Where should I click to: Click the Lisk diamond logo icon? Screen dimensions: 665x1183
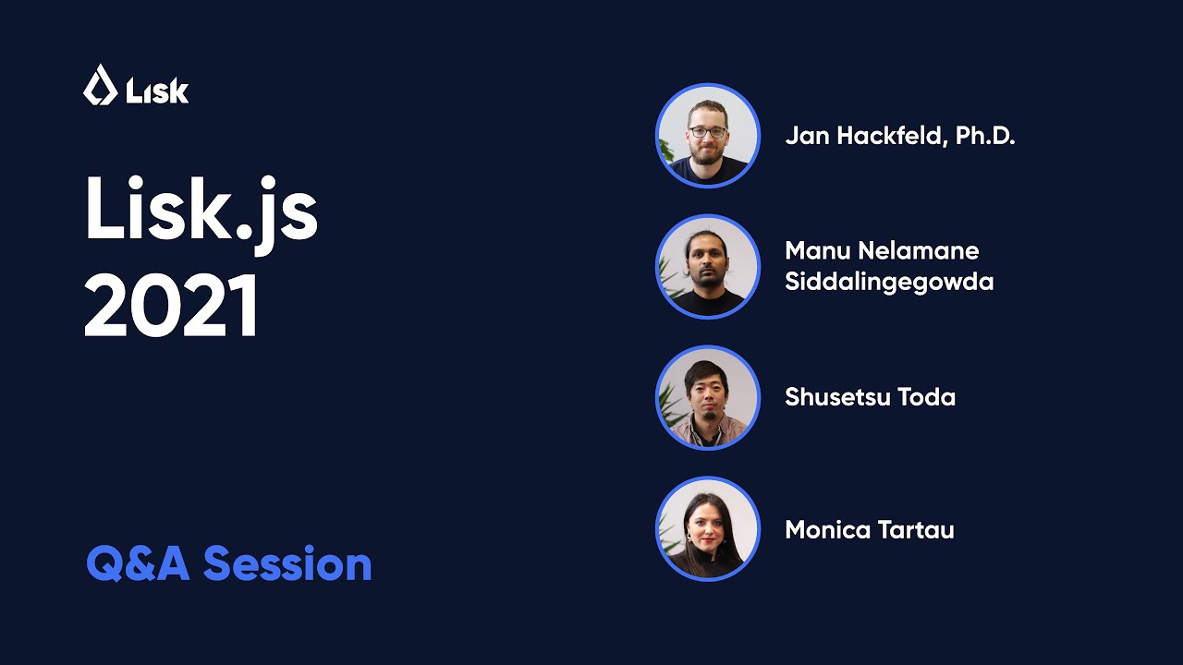pyautogui.click(x=99, y=85)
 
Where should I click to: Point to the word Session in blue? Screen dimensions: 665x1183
pyautogui.click(x=287, y=563)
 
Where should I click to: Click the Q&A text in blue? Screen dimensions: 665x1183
pyautogui.click(x=139, y=563)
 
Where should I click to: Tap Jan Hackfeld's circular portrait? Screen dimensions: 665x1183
pyautogui.click(x=708, y=136)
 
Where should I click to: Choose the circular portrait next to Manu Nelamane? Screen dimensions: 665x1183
pyautogui.click(x=708, y=267)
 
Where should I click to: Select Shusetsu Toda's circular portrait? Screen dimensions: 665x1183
pyautogui.click(x=708, y=398)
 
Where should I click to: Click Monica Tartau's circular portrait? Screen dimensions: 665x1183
pyautogui.click(x=708, y=529)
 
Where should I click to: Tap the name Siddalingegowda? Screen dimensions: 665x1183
pyautogui.click(x=889, y=283)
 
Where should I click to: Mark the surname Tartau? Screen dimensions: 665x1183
pyautogui.click(x=918, y=530)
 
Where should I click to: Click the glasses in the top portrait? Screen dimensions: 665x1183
pyautogui.click(x=708, y=132)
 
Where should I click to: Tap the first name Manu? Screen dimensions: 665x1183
pyautogui.click(x=816, y=251)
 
